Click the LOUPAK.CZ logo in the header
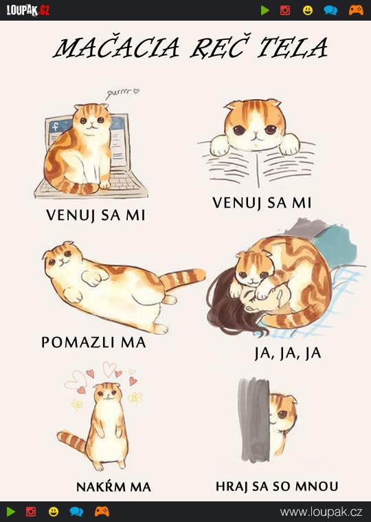[x=28, y=10]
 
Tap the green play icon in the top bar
[x=265, y=10]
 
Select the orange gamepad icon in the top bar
[x=356, y=10]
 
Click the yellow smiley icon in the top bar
[x=308, y=10]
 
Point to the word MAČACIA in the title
[x=117, y=47]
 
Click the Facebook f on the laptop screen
[x=55, y=127]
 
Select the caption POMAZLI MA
[x=93, y=342]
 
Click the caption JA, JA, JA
[x=288, y=354]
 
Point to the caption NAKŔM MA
[x=113, y=487]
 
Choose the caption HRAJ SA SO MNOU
[x=277, y=486]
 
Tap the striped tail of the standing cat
[x=71, y=441]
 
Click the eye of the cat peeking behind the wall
[x=282, y=414]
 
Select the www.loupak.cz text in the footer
[x=321, y=512]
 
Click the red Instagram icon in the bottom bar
[x=31, y=512]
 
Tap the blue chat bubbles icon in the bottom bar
[x=76, y=512]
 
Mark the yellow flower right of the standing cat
[x=135, y=398]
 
